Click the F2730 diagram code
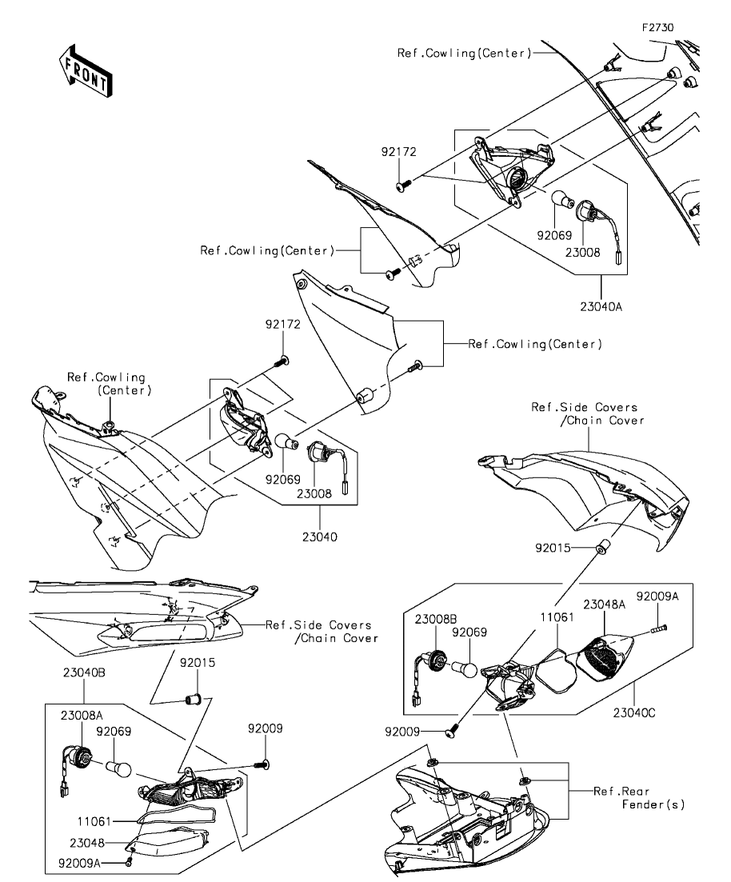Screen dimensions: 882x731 click(x=658, y=26)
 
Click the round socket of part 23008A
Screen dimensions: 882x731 click(x=82, y=754)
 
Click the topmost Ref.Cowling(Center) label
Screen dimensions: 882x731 click(x=464, y=54)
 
